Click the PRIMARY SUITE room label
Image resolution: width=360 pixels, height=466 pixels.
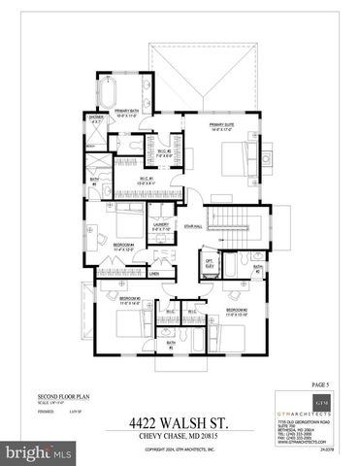(225, 123)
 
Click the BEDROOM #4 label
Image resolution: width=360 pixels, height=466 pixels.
(122, 244)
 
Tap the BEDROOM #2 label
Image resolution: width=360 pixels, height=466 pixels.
(239, 310)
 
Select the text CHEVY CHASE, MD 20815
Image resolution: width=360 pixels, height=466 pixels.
(180, 436)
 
